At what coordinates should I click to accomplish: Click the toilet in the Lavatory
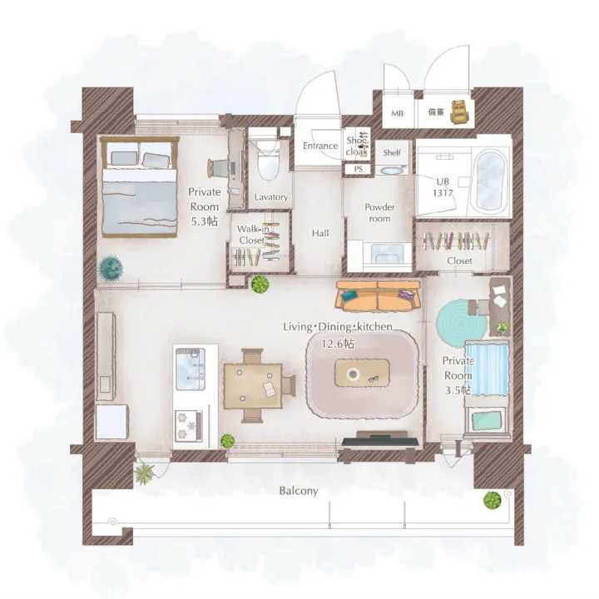point(268,161)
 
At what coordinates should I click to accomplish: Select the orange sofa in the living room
point(378,295)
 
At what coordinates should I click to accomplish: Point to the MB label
point(398,113)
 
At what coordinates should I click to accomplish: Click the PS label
point(358,169)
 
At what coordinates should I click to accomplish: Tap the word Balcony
point(299,491)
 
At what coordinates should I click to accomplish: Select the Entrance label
point(320,146)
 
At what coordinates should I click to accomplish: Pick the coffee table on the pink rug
point(362,373)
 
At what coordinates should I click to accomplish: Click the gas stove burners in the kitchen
point(188,426)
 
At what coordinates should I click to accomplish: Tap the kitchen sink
point(190,369)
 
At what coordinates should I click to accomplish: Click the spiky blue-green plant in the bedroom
point(111,268)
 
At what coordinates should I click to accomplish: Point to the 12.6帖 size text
point(338,344)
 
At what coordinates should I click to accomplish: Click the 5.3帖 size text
point(205,221)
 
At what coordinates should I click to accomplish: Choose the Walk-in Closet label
point(253,235)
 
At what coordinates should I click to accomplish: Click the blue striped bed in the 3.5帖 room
point(487,369)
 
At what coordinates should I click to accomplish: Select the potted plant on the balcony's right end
point(492,501)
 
